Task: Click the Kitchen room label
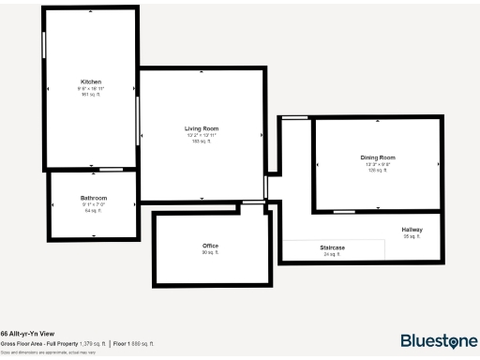tap(91, 82)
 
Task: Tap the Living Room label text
tap(202, 128)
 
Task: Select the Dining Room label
tap(378, 157)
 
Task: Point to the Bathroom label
tap(94, 198)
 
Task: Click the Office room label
tap(210, 246)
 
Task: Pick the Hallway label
tap(412, 230)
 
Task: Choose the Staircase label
tap(332, 247)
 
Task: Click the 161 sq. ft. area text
tap(91, 95)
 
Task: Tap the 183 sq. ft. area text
tap(202, 142)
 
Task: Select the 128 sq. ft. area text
tap(378, 170)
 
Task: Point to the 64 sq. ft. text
tap(94, 211)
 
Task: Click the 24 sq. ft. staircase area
tap(332, 254)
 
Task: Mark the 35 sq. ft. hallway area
tap(412, 237)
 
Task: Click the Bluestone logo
tap(437, 340)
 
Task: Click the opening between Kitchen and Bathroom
tap(112, 170)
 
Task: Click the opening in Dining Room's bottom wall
tap(378, 209)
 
